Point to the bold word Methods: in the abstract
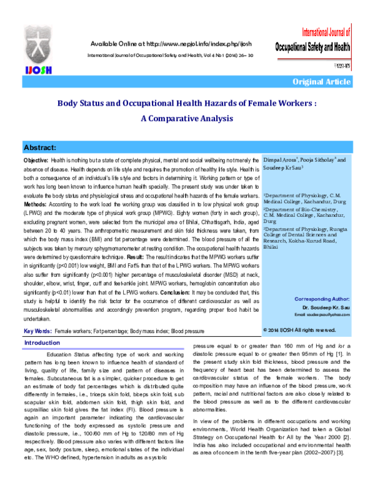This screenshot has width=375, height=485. point(37,204)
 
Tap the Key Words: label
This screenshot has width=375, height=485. point(37,329)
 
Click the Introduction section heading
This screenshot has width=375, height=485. point(42,344)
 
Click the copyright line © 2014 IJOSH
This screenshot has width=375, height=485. point(300,329)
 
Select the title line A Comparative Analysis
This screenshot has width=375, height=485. point(187,117)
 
